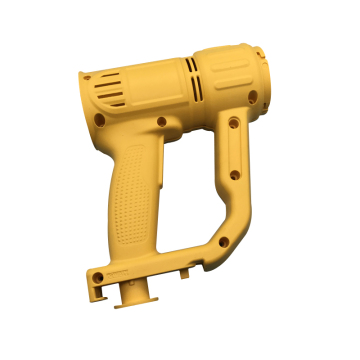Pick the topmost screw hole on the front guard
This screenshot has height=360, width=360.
click(x=233, y=124)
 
